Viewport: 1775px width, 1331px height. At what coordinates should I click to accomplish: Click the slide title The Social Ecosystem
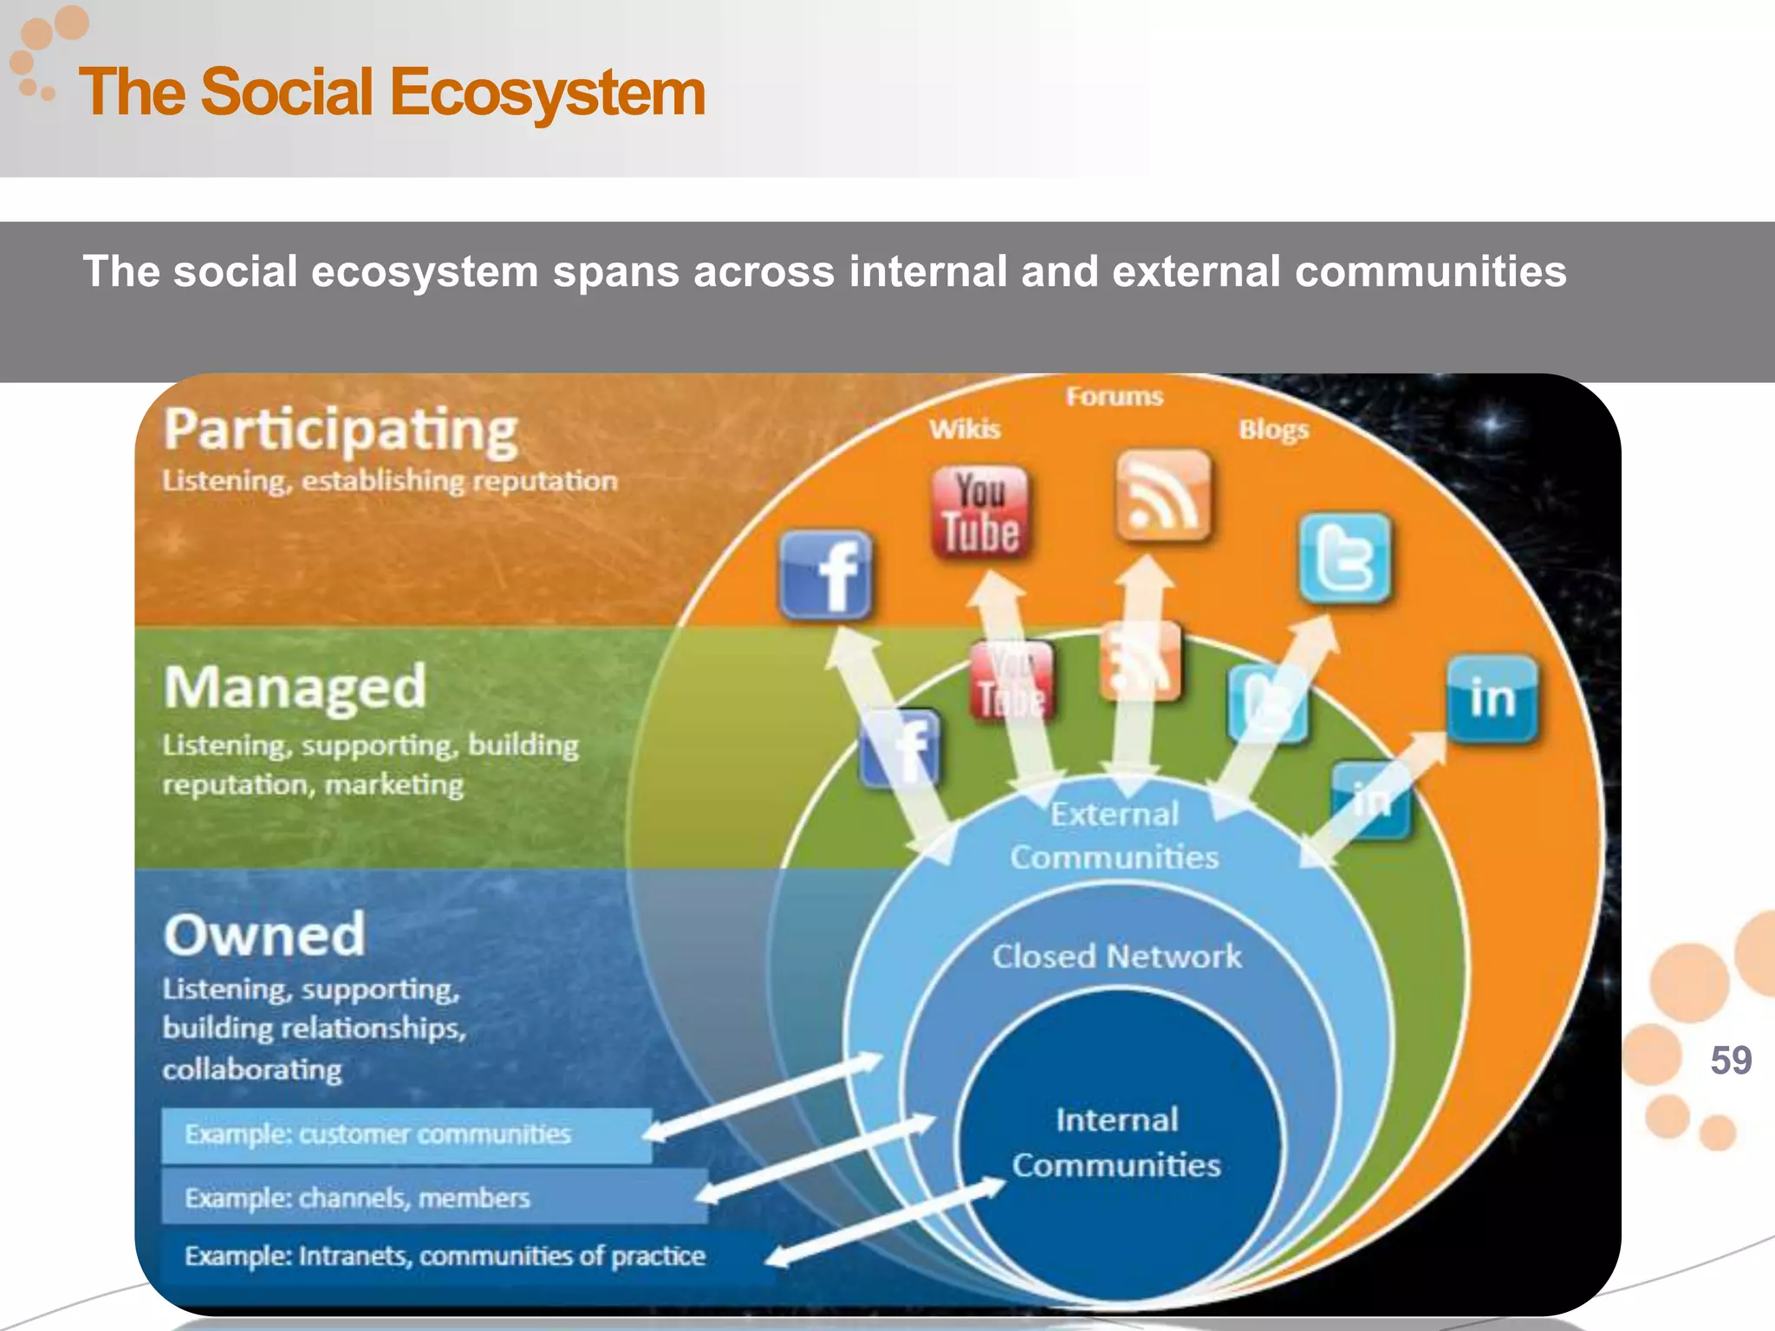click(392, 93)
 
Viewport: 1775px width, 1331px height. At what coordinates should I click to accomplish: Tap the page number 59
click(1731, 1061)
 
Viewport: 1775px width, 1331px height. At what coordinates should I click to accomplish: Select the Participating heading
click(341, 431)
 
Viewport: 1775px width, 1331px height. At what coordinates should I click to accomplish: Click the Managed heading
click(295, 687)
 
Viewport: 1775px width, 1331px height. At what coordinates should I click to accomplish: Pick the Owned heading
click(264, 935)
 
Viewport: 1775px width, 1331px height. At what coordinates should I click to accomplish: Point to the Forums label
click(1114, 397)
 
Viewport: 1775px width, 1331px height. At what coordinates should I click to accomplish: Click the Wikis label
click(965, 429)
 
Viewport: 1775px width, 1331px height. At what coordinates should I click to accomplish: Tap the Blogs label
click(1273, 430)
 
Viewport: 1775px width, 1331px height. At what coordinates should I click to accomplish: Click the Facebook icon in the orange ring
click(826, 575)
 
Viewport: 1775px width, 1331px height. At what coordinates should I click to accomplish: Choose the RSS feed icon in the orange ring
click(1162, 496)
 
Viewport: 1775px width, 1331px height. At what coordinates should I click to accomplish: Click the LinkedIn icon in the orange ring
click(1492, 699)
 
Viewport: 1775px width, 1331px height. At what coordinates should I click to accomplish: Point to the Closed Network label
click(1116, 957)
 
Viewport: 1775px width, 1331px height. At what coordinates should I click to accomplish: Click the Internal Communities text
click(1116, 1143)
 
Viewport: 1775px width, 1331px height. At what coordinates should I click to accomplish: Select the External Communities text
click(1115, 835)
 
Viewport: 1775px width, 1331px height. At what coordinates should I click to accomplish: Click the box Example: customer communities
click(406, 1135)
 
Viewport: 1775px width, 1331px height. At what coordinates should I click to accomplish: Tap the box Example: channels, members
click(433, 1198)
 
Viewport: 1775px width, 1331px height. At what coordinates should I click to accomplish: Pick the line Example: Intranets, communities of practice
click(445, 1256)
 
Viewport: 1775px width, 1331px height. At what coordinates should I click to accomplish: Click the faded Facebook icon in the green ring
click(901, 749)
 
